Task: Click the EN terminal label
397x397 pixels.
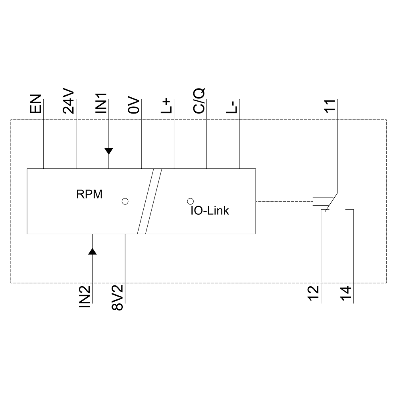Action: tap(35, 104)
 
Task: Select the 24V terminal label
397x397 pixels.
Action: tap(69, 101)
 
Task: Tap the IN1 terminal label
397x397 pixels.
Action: tap(101, 103)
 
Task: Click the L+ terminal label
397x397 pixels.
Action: tap(167, 106)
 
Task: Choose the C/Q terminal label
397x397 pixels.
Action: tap(199, 102)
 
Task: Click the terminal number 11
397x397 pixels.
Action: tap(330, 106)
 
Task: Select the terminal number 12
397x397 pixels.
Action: tap(313, 294)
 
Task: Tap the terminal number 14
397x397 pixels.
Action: tap(346, 294)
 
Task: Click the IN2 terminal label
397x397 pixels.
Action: tap(85, 297)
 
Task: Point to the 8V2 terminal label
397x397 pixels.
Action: tap(118, 298)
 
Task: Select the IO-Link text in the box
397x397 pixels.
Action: tap(210, 211)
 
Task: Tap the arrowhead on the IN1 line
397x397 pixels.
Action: tap(109, 151)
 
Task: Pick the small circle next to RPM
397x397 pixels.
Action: tap(125, 201)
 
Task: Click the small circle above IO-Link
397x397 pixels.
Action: tap(190, 201)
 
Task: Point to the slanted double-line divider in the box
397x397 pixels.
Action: tap(149, 201)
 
